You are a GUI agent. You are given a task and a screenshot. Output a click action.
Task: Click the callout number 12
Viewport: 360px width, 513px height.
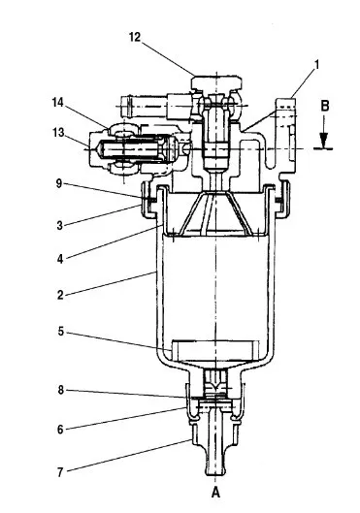[135, 37]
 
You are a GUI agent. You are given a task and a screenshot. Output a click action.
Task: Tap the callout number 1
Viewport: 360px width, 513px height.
[316, 64]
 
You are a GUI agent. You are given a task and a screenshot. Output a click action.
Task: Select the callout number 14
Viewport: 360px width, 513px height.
[57, 103]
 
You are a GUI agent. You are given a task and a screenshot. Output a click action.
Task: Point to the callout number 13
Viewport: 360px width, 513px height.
[58, 133]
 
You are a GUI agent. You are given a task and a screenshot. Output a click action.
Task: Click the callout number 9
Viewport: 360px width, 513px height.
[59, 183]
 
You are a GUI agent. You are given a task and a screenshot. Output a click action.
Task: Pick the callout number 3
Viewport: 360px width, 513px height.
[59, 225]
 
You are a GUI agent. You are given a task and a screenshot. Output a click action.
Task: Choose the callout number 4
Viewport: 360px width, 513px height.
[60, 259]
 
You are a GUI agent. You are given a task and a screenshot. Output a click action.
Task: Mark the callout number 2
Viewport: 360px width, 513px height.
[60, 295]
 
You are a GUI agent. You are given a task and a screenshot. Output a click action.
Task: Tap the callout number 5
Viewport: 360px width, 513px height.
[61, 332]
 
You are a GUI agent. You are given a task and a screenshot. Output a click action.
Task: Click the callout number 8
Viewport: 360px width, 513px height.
[61, 390]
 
